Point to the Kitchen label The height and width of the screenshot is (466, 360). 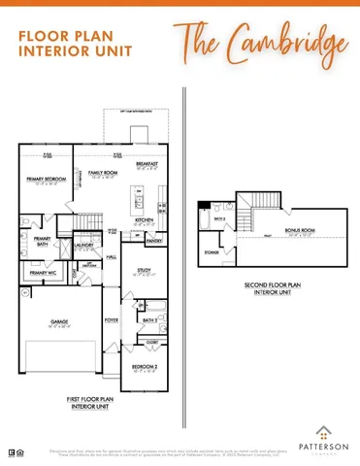point(145,220)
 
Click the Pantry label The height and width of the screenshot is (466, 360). point(153,241)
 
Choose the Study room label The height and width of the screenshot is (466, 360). point(145,272)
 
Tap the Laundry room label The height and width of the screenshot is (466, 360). point(84,246)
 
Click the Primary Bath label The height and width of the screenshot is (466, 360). point(42,241)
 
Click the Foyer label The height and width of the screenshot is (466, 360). point(112,318)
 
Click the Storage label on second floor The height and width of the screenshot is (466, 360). point(212,253)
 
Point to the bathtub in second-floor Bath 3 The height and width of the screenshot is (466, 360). point(203,221)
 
